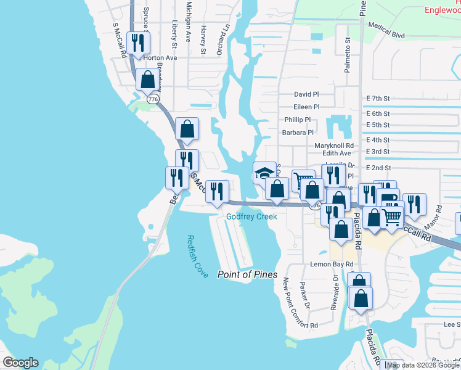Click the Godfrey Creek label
tap(251, 216)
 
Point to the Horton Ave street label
tap(160, 58)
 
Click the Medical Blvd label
tap(386, 31)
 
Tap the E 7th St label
tap(378, 98)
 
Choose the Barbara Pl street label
tap(298, 132)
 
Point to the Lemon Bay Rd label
tap(332, 264)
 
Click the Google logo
tap(20, 363)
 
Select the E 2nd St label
tap(378, 168)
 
